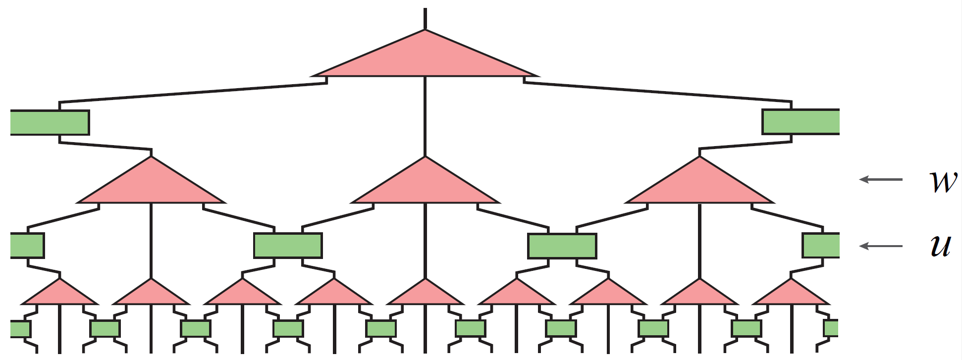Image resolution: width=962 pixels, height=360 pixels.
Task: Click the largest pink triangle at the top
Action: pos(425,59)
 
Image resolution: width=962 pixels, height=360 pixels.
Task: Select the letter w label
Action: pos(943,181)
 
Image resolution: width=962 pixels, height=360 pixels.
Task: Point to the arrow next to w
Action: pos(881,179)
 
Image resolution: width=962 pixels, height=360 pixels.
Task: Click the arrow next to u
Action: pos(881,246)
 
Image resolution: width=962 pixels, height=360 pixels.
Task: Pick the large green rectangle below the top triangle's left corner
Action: pos(50,122)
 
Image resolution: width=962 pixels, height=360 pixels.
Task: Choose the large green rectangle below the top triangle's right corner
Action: pos(801,122)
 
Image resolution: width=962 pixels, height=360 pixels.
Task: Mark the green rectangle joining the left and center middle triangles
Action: pos(288,246)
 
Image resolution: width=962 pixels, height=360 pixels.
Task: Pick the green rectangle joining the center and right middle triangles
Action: pos(562,246)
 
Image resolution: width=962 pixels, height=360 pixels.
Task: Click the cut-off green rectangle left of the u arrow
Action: pos(821,246)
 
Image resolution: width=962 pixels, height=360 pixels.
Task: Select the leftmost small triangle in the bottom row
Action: pos(60,295)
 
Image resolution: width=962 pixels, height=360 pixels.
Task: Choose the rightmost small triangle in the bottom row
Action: pos(791,295)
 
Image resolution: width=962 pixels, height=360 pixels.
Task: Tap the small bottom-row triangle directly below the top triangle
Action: pos(425,295)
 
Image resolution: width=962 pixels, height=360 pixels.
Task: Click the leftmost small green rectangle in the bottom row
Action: pos(20,329)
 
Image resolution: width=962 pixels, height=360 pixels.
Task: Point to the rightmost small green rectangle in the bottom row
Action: pos(831,329)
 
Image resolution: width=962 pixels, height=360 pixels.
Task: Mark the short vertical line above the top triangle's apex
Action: pos(425,19)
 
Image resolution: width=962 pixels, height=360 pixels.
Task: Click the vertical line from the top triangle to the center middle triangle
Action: pos(425,116)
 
